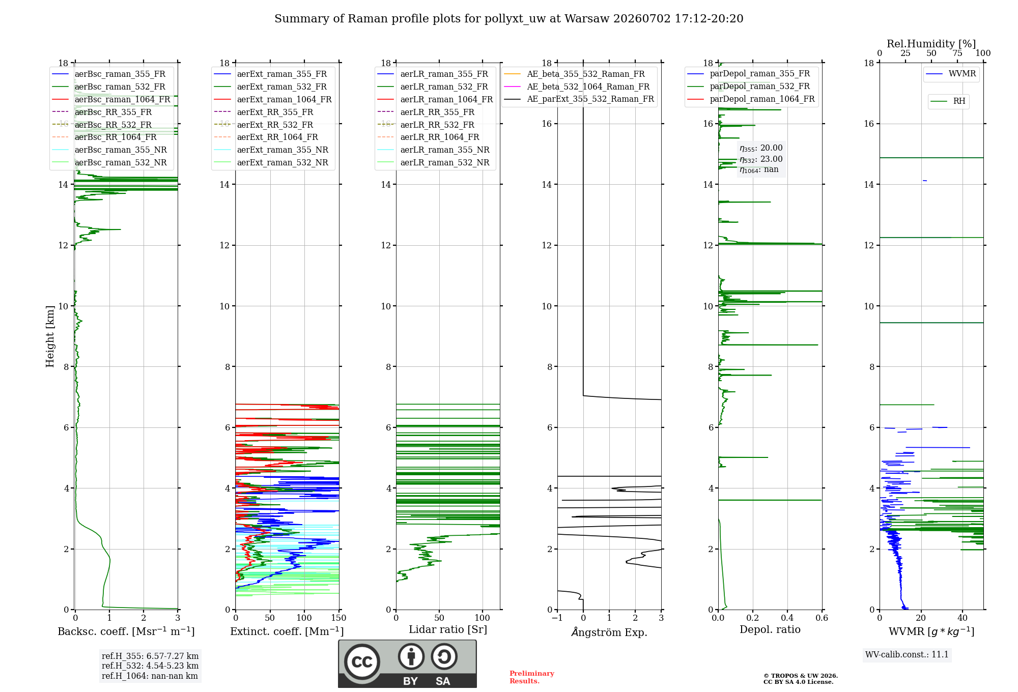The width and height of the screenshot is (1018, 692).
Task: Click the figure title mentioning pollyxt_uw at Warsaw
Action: (x=509, y=19)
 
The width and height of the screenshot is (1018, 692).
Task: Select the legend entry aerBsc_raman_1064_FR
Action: (x=111, y=99)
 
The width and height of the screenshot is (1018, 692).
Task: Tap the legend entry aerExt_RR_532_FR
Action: (x=264, y=125)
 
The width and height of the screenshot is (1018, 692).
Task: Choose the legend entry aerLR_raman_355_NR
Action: (x=433, y=150)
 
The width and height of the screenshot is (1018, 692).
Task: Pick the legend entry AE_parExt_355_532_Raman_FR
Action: (x=579, y=99)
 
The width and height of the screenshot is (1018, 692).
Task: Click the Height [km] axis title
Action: (x=50, y=336)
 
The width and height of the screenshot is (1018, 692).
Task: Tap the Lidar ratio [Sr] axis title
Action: (x=448, y=629)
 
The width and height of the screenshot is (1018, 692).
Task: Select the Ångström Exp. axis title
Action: (x=609, y=632)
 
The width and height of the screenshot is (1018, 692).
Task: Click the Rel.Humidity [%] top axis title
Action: (x=931, y=44)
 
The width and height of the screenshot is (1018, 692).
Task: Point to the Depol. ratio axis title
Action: (x=770, y=629)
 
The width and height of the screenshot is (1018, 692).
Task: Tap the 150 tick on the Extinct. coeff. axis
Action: (x=338, y=618)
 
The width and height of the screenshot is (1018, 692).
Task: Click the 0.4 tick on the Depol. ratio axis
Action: (x=787, y=618)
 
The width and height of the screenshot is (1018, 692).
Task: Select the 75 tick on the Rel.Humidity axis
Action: (x=957, y=53)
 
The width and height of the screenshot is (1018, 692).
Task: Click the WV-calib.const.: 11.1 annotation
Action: (x=907, y=654)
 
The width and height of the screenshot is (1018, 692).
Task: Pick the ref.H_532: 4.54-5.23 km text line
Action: (x=150, y=666)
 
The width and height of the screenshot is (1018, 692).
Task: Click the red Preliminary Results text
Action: (x=532, y=677)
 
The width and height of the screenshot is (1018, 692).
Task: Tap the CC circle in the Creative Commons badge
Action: (x=362, y=662)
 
